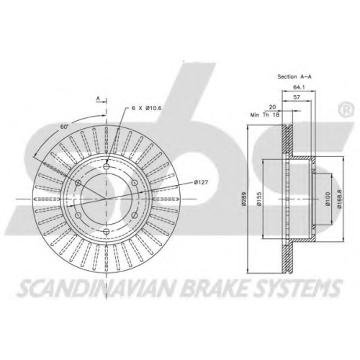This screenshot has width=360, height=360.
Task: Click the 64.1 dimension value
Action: click(299, 87)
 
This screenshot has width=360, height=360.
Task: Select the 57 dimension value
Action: click(297, 97)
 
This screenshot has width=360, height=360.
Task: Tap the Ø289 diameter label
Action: click(244, 199)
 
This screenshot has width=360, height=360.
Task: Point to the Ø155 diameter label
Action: click(258, 199)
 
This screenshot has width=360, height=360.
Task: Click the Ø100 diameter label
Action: click(328, 199)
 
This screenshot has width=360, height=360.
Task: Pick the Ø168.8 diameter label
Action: click(339, 199)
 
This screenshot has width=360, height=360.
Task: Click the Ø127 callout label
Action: click(201, 183)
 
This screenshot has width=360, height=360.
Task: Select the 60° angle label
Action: click(64, 127)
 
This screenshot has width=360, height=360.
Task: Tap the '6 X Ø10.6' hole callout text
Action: click(146, 108)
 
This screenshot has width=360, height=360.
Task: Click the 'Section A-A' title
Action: click(294, 76)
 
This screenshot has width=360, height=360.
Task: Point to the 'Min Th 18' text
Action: click(265, 115)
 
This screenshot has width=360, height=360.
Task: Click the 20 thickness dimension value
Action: click(272, 107)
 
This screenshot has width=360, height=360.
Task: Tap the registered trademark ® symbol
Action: click(346, 109)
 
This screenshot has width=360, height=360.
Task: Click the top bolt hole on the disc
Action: click(106, 166)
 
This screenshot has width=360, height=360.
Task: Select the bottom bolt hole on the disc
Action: click(106, 231)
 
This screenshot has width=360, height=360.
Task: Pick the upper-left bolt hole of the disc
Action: click(78, 183)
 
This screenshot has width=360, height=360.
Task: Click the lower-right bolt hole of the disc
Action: click(135, 215)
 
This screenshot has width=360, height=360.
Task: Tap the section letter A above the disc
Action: click(98, 99)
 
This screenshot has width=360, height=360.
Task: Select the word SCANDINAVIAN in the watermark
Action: click(96, 287)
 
